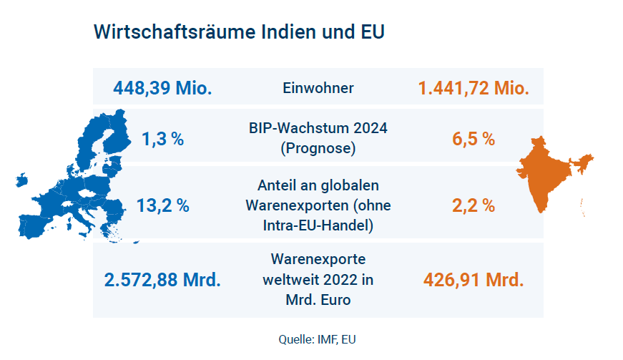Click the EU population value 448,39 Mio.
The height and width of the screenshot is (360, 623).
pyautogui.click(x=162, y=89)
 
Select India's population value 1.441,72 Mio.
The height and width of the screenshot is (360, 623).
pyautogui.click(x=474, y=89)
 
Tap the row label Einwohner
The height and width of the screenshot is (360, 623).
pyautogui.click(x=318, y=89)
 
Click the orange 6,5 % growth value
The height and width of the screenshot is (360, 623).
pyautogui.click(x=474, y=139)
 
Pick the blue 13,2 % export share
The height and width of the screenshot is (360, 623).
pyautogui.click(x=162, y=206)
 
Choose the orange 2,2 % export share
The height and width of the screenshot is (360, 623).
pyautogui.click(x=474, y=206)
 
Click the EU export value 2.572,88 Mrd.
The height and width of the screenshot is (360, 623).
pyautogui.click(x=162, y=279)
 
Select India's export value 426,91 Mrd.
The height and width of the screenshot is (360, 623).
pyautogui.click(x=474, y=279)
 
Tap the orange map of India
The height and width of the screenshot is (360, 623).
pyautogui.click(x=551, y=172)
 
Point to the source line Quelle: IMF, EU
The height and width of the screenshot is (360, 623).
pyautogui.click(x=317, y=339)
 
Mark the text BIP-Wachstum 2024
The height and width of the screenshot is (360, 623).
pyautogui.click(x=318, y=129)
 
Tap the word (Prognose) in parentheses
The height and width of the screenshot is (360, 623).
pyautogui.click(x=318, y=149)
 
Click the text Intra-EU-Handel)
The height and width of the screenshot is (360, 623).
pyautogui.click(x=318, y=226)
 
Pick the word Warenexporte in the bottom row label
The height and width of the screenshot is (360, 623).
pyautogui.click(x=318, y=258)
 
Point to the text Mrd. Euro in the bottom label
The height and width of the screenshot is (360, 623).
pyautogui.click(x=318, y=299)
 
